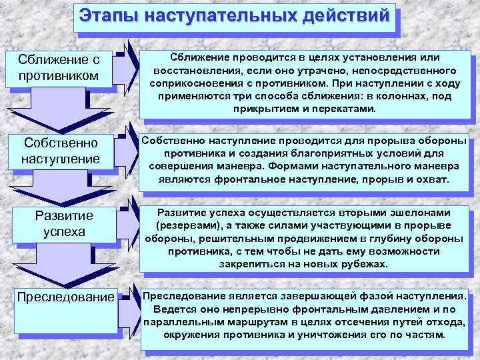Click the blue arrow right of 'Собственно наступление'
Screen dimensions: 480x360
pos(129,147)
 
